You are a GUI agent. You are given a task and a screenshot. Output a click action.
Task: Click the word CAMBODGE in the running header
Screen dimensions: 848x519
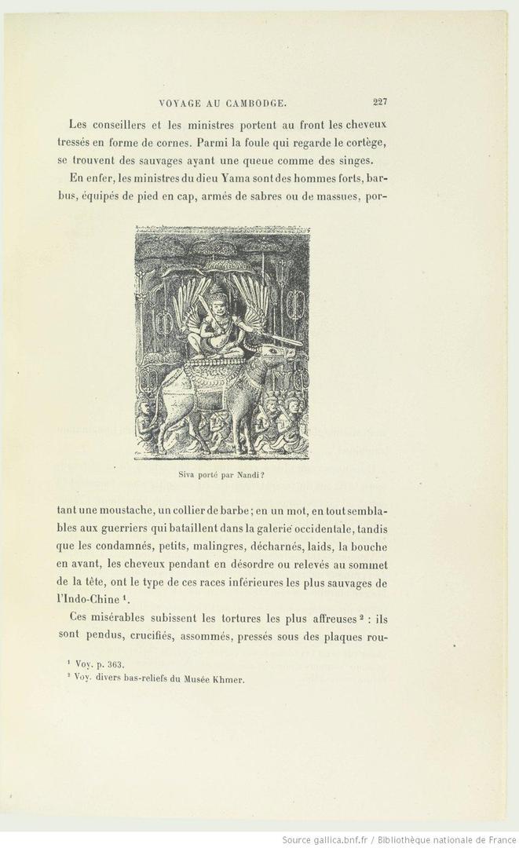coord(255,102)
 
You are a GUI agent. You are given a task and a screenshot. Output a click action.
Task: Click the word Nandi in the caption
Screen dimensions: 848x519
coord(239,474)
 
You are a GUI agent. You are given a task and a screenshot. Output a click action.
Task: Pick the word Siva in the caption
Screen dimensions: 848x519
coord(188,474)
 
